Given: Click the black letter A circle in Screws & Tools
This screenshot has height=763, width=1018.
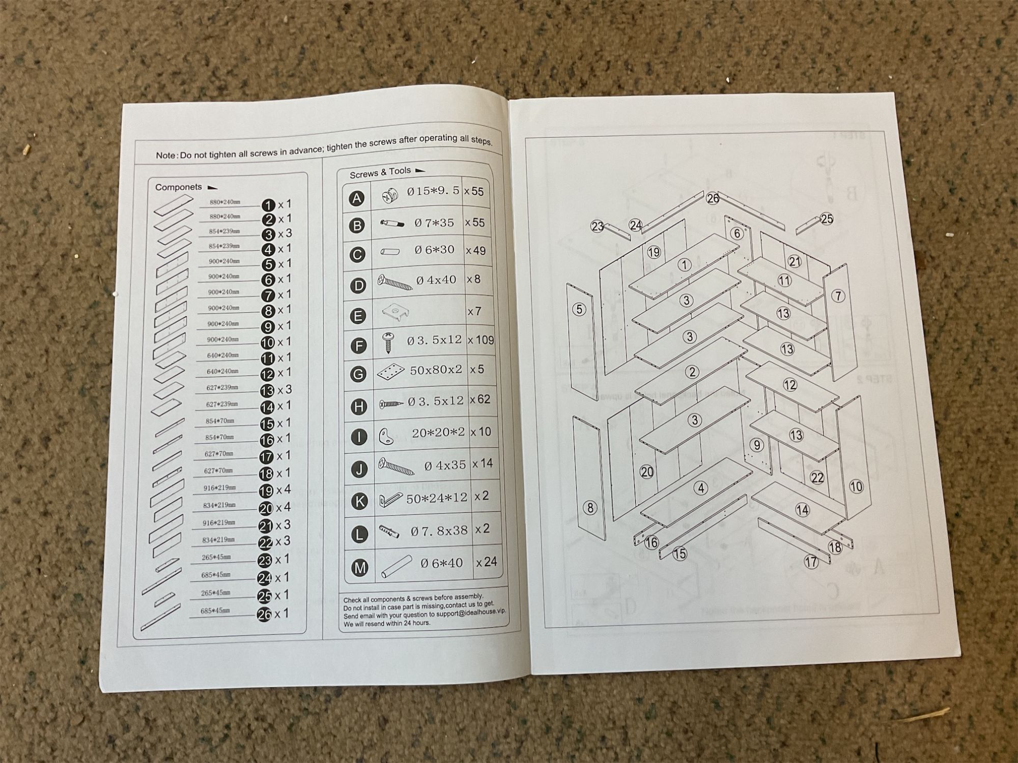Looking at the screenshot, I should pos(357,198).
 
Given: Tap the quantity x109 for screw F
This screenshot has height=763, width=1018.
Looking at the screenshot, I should pos(480,340).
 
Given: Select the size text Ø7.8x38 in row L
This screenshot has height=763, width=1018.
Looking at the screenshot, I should pos(439,531).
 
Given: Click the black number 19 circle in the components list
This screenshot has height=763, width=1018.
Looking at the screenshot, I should pos(266,491).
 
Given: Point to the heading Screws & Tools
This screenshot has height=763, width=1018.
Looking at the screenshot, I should pos(380,173).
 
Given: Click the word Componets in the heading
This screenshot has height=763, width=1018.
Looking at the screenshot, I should pos(178,187).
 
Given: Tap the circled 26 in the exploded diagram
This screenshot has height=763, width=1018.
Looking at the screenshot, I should pos(713,198).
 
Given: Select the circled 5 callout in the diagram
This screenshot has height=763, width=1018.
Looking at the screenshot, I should pos(579,309).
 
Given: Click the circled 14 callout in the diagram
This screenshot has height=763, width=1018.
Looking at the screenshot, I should pos(802,510).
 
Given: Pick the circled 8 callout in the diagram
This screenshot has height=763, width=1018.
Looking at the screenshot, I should pos(590,507).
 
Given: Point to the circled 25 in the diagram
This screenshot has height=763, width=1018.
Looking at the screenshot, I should pos(827,219).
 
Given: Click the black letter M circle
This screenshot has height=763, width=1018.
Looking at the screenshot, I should pos(360,568).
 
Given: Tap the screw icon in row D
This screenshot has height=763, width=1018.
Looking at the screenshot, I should pos(394,282).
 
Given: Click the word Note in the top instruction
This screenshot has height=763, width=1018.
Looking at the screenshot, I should pos(165,155).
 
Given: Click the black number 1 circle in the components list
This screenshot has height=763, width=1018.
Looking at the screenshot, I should pos(269,205).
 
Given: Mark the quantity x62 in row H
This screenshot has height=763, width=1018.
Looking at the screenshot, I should pos(480,400).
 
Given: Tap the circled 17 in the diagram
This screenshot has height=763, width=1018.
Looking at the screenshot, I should pos(811,562).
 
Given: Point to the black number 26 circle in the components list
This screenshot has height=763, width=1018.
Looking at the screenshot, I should pos(265,614).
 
